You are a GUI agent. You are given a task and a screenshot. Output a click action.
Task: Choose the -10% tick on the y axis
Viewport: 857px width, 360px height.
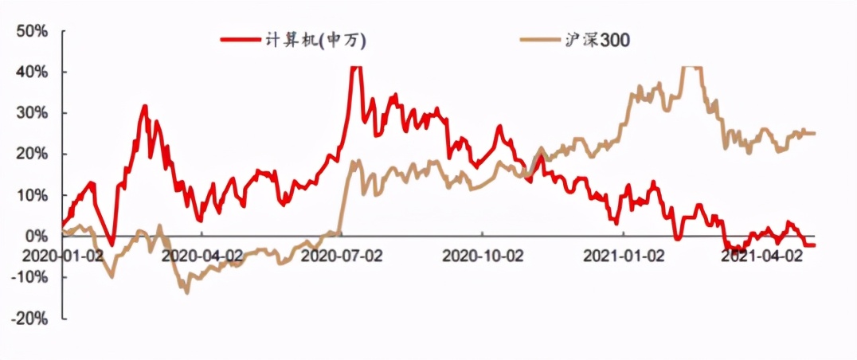[x=32, y=277]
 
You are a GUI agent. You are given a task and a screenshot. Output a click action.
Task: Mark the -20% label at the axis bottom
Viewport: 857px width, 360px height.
[x=32, y=318]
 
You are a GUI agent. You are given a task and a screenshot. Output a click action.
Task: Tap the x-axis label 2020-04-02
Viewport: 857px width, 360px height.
[x=201, y=256]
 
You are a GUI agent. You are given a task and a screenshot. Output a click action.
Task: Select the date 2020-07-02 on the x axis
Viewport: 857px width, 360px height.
[x=342, y=256]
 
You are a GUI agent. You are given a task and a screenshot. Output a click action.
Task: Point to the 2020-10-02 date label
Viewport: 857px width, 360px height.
[x=483, y=256]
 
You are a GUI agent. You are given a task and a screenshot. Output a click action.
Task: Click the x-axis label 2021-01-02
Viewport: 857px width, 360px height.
[x=624, y=256]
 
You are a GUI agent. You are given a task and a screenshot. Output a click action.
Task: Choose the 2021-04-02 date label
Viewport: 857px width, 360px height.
[x=761, y=256]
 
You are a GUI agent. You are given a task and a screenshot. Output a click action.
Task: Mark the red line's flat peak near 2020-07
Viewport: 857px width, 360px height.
[x=356, y=68]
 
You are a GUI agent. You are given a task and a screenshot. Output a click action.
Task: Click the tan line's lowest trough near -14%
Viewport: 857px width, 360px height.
[x=187, y=292]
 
